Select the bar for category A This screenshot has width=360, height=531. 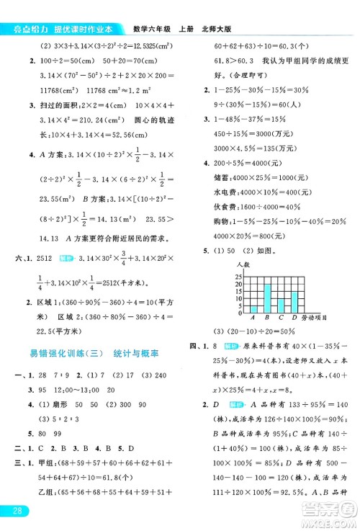pos(253,309)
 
